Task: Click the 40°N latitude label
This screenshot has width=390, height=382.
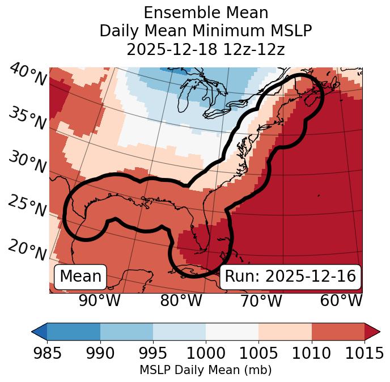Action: pyautogui.click(x=27, y=75)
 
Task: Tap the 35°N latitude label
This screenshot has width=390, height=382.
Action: pyautogui.click(x=27, y=117)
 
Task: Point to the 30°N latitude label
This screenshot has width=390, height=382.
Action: pyautogui.click(x=27, y=162)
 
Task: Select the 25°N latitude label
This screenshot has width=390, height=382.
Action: pyautogui.click(x=27, y=206)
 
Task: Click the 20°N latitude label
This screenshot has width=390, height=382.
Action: pyautogui.click(x=27, y=249)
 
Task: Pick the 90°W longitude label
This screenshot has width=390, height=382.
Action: pyautogui.click(x=99, y=301)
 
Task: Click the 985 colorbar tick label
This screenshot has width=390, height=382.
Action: pyautogui.click(x=47, y=354)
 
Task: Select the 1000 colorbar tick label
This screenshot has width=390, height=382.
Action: pyautogui.click(x=206, y=354)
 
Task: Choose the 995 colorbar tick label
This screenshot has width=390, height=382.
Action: pyautogui.click(x=153, y=354)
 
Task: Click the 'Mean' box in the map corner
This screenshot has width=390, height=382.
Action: pyautogui.click(x=80, y=277)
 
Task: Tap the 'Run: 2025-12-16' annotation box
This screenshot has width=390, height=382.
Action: pyautogui.click(x=290, y=277)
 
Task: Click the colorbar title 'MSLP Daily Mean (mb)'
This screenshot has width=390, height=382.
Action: pyautogui.click(x=205, y=371)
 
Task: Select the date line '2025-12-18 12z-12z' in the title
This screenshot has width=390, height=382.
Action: pyautogui.click(x=205, y=49)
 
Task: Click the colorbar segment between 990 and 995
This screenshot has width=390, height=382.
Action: pyautogui.click(x=126, y=331)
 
